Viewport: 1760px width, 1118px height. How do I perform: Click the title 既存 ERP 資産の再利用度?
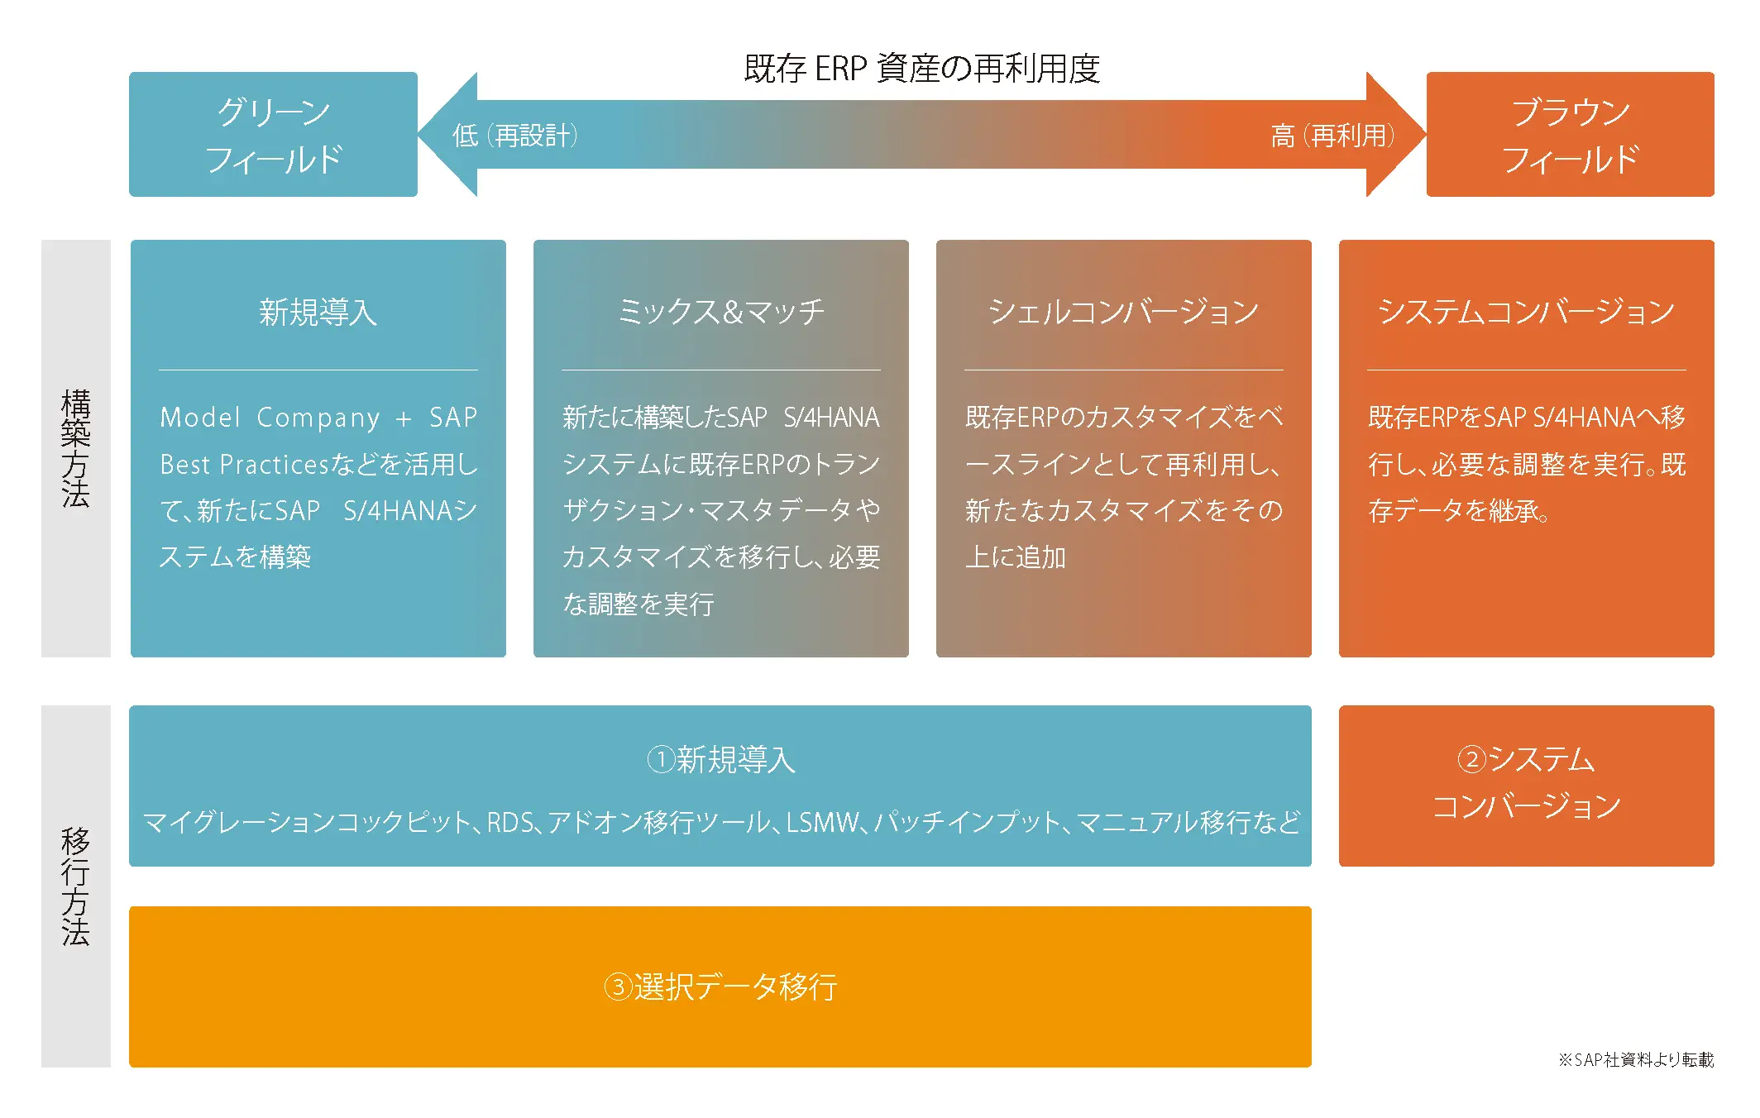pyautogui.click(x=921, y=69)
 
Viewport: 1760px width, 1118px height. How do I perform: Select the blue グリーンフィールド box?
pyautogui.click(x=273, y=135)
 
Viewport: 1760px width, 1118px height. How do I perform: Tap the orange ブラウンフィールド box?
pyautogui.click(x=1570, y=135)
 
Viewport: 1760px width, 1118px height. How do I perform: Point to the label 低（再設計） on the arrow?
pyautogui.click(x=514, y=136)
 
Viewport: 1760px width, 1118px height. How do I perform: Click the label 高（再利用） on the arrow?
pyautogui.click(x=1332, y=136)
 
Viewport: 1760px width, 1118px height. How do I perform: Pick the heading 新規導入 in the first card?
pyautogui.click(x=318, y=313)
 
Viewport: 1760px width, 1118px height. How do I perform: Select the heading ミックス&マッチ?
pyautogui.click(x=720, y=313)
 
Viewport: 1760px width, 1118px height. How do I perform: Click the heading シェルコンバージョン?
pyautogui.click(x=1123, y=313)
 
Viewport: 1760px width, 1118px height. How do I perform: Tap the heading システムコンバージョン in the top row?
pyautogui.click(x=1526, y=313)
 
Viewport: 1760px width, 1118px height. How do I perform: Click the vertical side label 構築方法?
pyautogui.click(x=75, y=448)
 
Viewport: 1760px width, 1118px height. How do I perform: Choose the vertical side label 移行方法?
pyautogui.click(x=75, y=886)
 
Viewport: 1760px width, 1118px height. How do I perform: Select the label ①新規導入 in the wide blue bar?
pyautogui.click(x=720, y=759)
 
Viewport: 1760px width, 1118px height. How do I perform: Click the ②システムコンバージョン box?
pyautogui.click(x=1526, y=785)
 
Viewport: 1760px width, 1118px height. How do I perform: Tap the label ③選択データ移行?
pyautogui.click(x=720, y=987)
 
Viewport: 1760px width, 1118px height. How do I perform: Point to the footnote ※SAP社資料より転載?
pyautogui.click(x=1635, y=1060)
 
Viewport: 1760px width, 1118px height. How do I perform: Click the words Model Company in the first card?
pyautogui.click(x=270, y=418)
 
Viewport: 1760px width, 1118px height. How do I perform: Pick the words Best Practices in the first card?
pyautogui.click(x=245, y=465)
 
